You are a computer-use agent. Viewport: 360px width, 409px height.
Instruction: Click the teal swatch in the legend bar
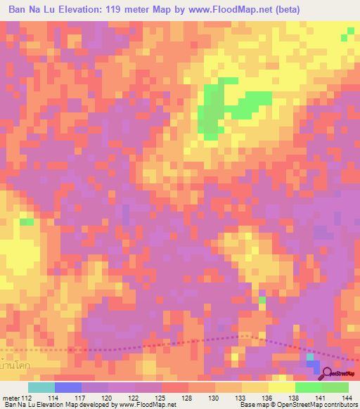pos(41,387)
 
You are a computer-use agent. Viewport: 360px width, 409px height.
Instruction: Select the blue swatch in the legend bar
pos(68,387)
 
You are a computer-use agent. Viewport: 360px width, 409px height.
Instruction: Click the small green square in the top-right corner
pos(349,32)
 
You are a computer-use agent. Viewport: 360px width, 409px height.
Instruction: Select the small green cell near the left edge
pos(27,222)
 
